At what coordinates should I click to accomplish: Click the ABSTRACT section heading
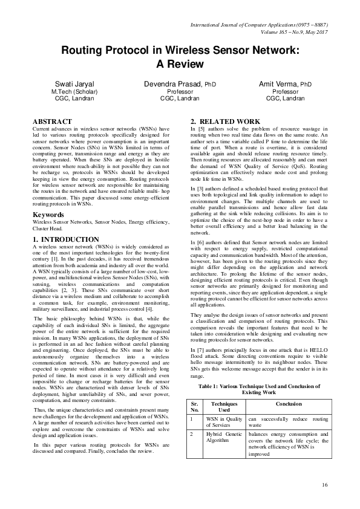(52, 122)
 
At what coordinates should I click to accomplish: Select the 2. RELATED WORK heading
(226, 122)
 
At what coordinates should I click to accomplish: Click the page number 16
(325, 485)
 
